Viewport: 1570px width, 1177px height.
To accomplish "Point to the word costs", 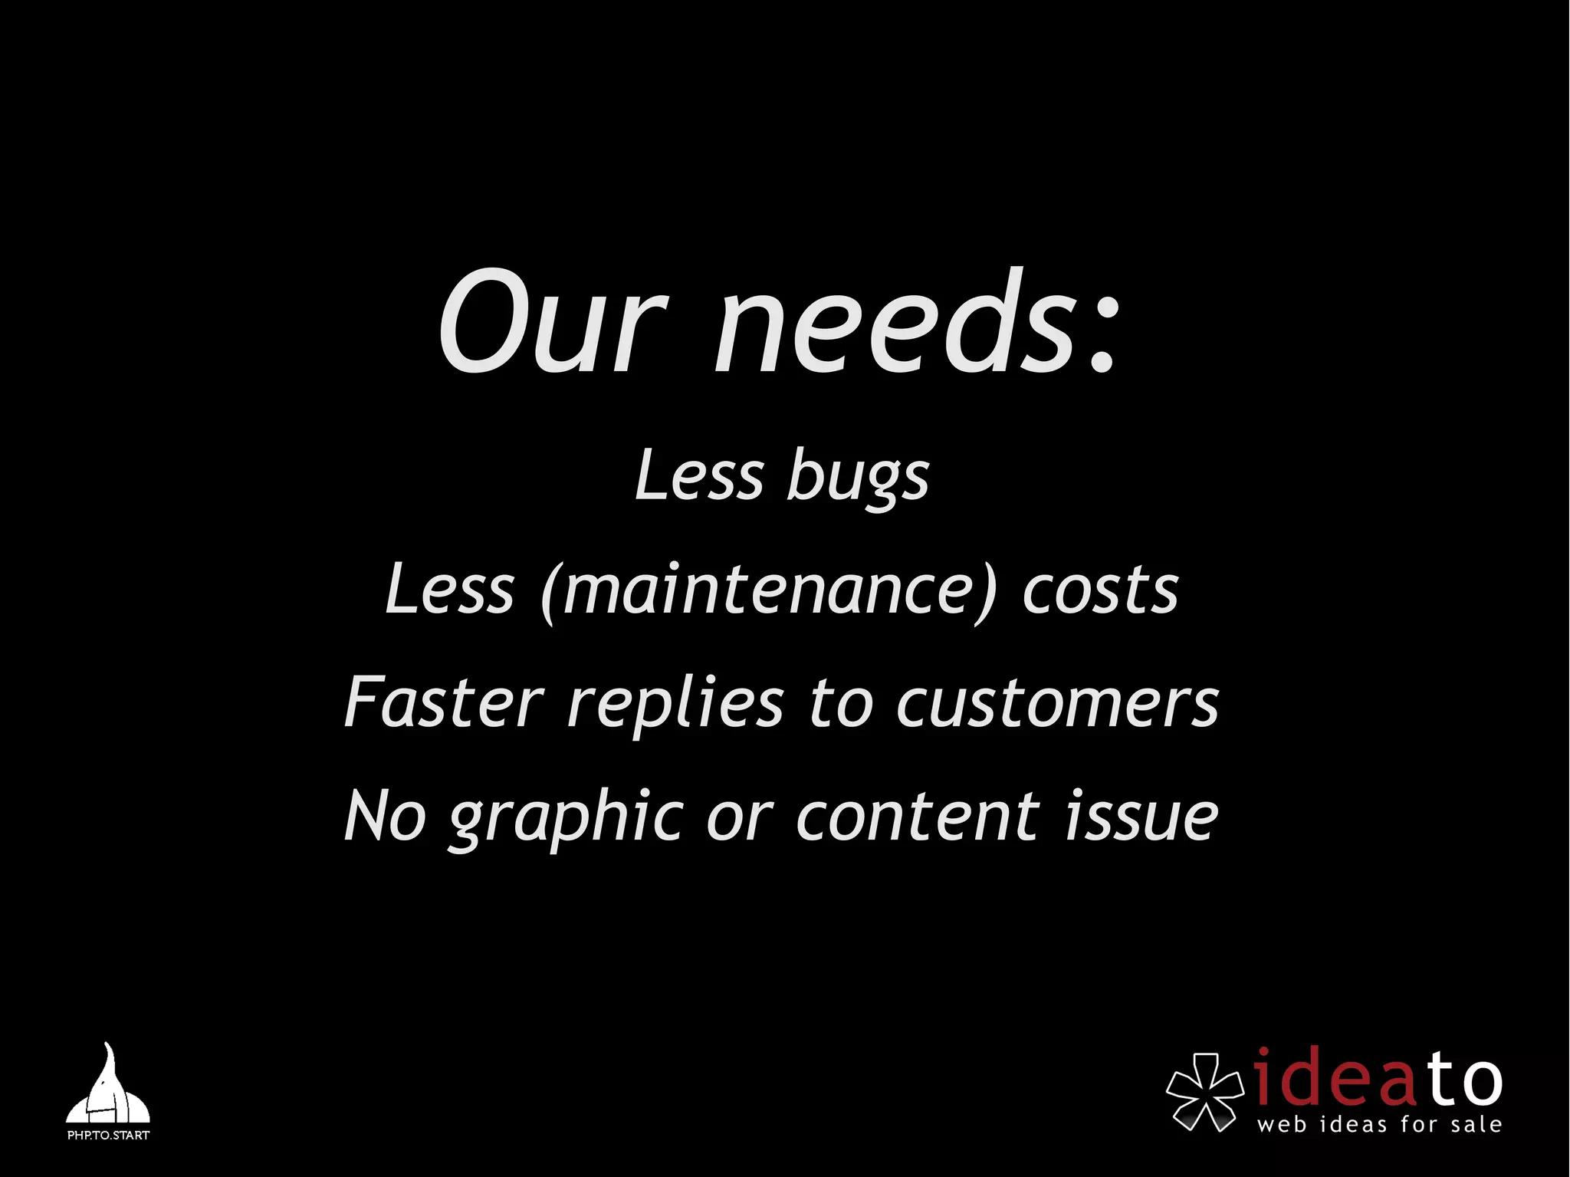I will (x=1100, y=590).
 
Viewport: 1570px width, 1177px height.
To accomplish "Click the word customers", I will (x=1057, y=702).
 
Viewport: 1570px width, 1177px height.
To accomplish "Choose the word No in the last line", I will (x=385, y=816).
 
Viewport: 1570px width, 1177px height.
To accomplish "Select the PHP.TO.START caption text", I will (x=108, y=1135).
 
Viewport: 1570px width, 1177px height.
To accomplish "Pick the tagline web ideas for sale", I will (x=1379, y=1125).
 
